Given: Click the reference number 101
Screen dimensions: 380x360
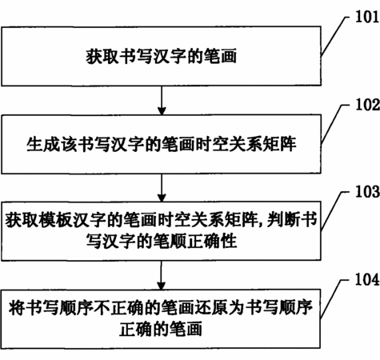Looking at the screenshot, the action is coord(367,17).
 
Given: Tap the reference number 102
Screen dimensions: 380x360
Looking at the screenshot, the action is coord(367,105).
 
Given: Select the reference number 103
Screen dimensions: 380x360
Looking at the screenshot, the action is coord(367,191).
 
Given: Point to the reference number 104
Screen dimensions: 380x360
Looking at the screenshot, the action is coord(367,279).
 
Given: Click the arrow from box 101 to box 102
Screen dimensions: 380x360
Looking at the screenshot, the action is coord(162,100).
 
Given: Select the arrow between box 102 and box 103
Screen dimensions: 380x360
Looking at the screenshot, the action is coord(162,188).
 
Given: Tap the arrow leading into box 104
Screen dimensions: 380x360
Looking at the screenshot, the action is coord(161,275).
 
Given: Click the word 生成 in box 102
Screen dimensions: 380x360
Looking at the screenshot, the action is coord(43,144).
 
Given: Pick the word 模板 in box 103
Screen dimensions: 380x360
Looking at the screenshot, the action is coord(55,220).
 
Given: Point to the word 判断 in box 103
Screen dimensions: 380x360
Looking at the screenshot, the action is coord(284,219).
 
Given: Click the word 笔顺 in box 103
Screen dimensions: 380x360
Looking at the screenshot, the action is coord(170,241).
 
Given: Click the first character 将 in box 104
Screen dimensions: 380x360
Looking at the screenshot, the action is coord(17,307).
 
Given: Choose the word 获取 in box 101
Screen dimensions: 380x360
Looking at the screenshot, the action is coord(102,56).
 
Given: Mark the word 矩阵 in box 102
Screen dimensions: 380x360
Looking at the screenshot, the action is coord(280,144).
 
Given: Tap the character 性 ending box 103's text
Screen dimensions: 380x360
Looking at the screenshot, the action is coord(229,241).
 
